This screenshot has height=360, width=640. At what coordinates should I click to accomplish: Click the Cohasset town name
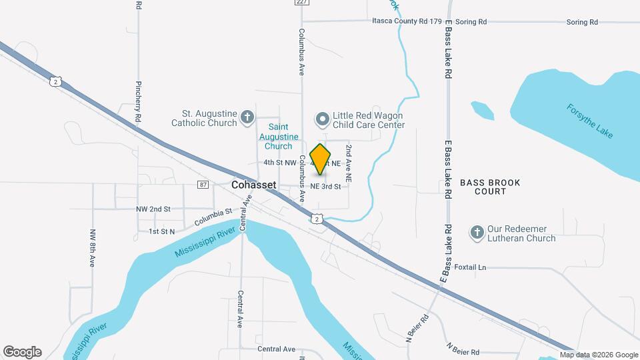pyautogui.click(x=253, y=184)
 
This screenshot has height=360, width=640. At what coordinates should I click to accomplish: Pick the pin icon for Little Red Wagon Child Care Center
pyautogui.click(x=323, y=120)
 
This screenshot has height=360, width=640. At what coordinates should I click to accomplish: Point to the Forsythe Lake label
pyautogui.click(x=589, y=121)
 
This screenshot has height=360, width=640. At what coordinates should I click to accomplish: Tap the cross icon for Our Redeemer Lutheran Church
pyautogui.click(x=476, y=233)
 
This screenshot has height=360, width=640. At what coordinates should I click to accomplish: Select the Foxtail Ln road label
pyautogui.click(x=470, y=267)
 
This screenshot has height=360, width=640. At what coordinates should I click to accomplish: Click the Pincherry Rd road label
pyautogui.click(x=139, y=100)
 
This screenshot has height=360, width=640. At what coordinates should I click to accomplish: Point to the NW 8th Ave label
pyautogui.click(x=93, y=248)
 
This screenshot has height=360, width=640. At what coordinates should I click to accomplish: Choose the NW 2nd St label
pyautogui.click(x=153, y=209)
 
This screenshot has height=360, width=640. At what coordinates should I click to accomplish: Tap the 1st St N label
pyautogui.click(x=161, y=231)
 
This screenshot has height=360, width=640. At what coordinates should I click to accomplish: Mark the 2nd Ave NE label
pyautogui.click(x=348, y=163)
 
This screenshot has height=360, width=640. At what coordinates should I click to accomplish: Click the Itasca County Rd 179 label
pyautogui.click(x=407, y=22)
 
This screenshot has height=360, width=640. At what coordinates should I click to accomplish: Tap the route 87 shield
pyautogui.click(x=203, y=184)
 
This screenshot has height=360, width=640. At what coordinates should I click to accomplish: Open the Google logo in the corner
pyautogui.click(x=22, y=352)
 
